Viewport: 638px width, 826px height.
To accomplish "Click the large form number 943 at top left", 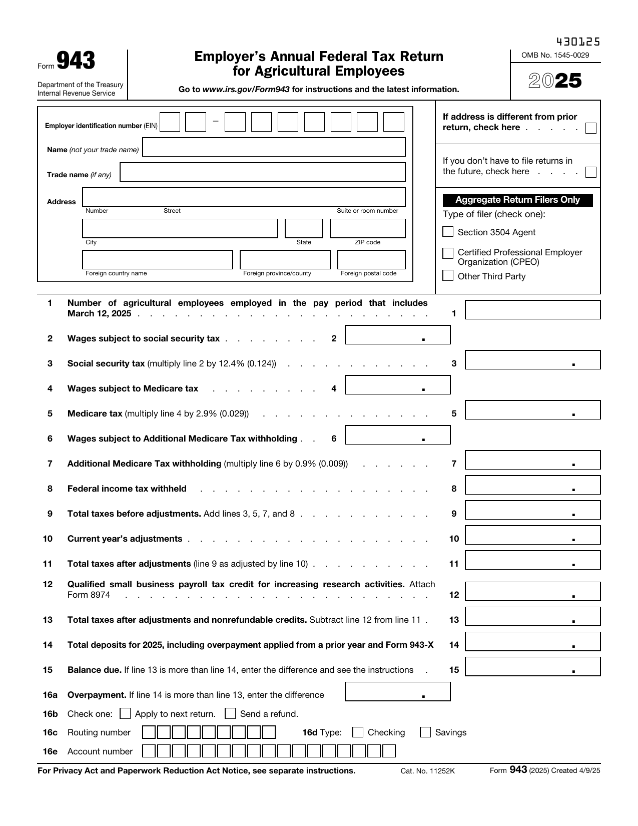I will (76, 62).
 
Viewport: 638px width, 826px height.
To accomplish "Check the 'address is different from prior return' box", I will (590, 128).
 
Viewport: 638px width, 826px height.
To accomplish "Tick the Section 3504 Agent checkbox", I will (448, 232).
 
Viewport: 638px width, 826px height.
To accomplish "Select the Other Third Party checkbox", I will (448, 276).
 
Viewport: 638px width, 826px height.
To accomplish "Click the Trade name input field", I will (263, 172).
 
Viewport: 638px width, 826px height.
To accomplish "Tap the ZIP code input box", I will (367, 228).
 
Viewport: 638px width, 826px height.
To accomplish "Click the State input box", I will (304, 228).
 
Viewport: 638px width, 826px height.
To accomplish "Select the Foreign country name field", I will (158, 260).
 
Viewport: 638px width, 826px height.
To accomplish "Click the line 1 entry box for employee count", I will (532, 310).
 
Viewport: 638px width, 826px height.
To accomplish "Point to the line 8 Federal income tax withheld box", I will (532, 485).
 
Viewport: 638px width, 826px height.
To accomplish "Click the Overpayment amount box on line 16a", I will (397, 692).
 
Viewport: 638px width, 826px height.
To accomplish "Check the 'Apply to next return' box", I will (126, 713).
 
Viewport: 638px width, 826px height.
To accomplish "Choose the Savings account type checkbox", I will (425, 732).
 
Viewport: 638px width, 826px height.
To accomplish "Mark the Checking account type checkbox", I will (358, 732).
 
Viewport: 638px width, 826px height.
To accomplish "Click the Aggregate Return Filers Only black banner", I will (517, 200).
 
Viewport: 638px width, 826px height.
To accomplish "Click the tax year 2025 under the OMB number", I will (555, 81).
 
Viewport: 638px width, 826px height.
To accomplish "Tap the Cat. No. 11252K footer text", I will (427, 771).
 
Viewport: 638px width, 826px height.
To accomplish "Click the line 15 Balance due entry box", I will (532, 667).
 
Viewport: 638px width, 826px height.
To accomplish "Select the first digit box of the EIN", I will (170, 122).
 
